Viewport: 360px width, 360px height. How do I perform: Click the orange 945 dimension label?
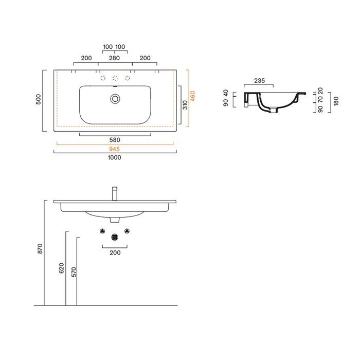coord(114,149)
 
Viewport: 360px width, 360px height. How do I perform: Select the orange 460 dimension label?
coord(193,96)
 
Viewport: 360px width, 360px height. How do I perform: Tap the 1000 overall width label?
coord(114,157)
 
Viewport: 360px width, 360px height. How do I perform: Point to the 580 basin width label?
coord(115,140)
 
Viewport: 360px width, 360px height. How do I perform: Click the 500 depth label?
coord(39,99)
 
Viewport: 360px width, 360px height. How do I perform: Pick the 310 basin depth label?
coord(185,105)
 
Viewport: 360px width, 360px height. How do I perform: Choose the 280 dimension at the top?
coord(114,58)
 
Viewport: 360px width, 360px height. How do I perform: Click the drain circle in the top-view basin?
coord(115,99)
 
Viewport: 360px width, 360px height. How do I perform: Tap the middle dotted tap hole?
coord(115,78)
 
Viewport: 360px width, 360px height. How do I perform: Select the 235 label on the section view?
coord(259,81)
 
